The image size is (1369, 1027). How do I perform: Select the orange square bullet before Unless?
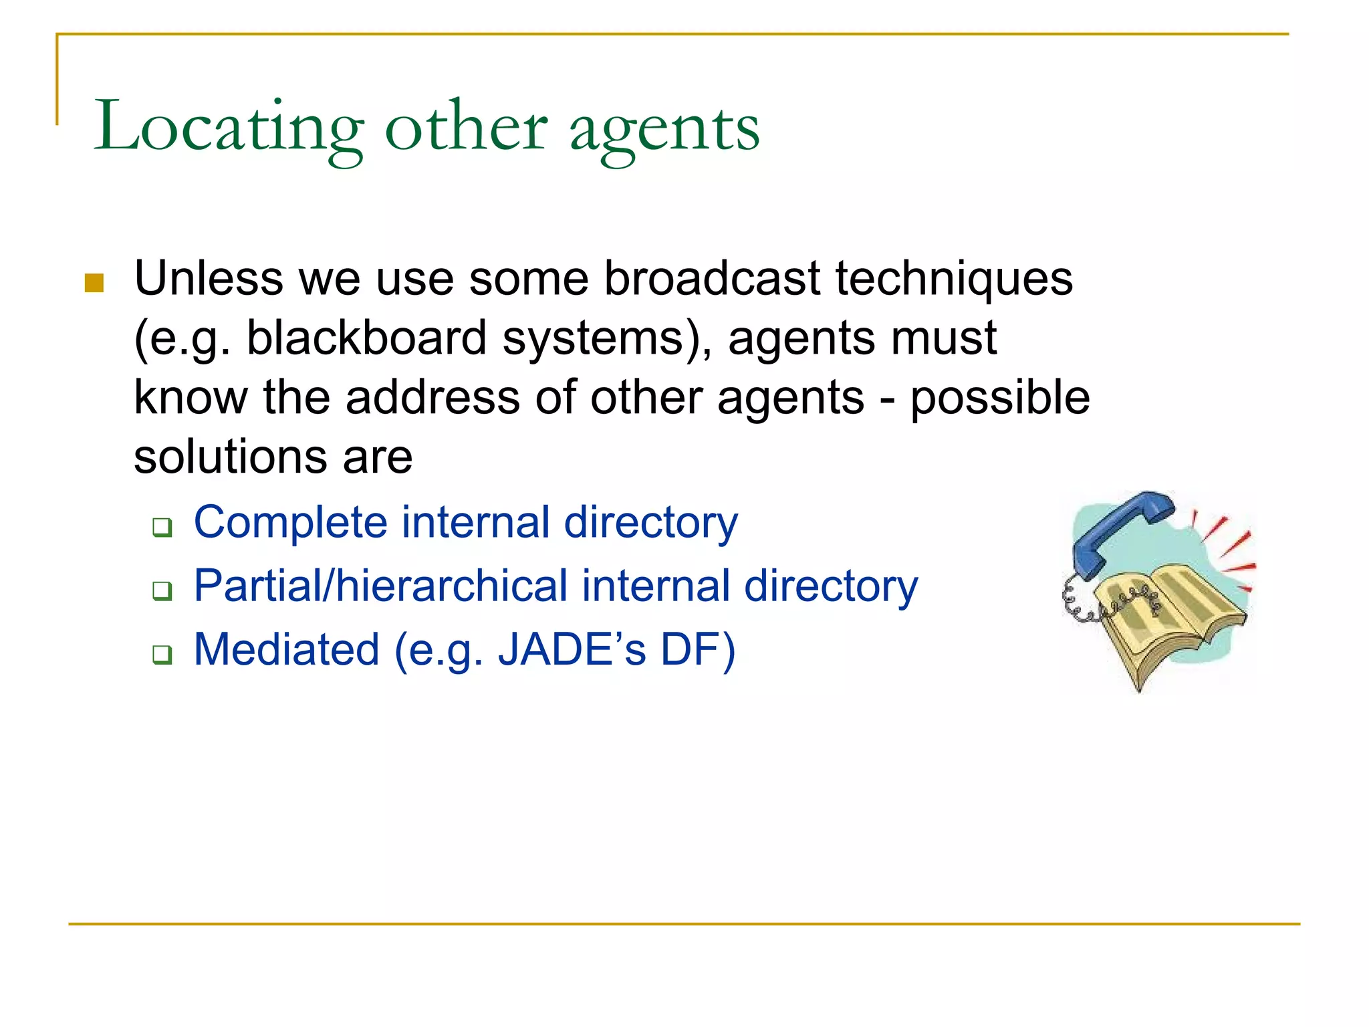(x=94, y=283)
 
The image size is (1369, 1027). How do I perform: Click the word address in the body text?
(x=432, y=397)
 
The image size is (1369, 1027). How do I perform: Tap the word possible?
(x=999, y=398)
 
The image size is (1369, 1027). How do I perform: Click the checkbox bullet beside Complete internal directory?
(x=162, y=527)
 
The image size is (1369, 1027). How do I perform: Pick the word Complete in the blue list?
(x=290, y=522)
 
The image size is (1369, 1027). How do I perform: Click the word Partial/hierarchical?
(x=380, y=586)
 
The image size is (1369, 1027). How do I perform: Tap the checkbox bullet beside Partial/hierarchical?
(x=162, y=591)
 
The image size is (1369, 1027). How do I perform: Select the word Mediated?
(x=286, y=650)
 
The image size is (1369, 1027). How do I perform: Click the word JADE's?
(x=572, y=649)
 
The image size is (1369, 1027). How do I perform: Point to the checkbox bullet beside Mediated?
(x=162, y=655)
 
